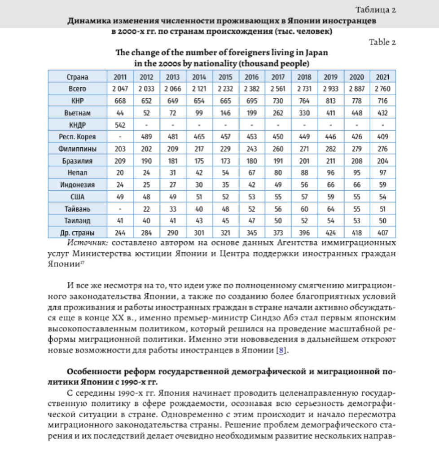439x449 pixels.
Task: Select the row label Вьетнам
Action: coord(77,113)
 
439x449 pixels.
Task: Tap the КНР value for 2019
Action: coord(331,101)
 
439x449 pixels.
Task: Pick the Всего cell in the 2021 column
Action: coord(383,89)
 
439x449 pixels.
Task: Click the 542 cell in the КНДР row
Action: coord(120,125)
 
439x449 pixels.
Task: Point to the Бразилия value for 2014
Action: coord(199,161)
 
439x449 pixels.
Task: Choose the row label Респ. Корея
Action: coord(77,137)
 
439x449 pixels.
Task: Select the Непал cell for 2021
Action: coord(383,173)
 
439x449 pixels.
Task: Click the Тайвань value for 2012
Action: coord(146,209)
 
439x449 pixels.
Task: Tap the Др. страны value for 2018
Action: coord(304,233)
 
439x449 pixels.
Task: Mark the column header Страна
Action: coord(77,77)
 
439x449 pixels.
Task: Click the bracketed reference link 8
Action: coord(281,350)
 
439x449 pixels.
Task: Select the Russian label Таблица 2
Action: coord(375,10)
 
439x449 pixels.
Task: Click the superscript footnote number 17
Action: coord(83,263)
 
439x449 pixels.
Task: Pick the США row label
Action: coord(77,197)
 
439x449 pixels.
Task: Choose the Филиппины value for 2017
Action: coord(278,149)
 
